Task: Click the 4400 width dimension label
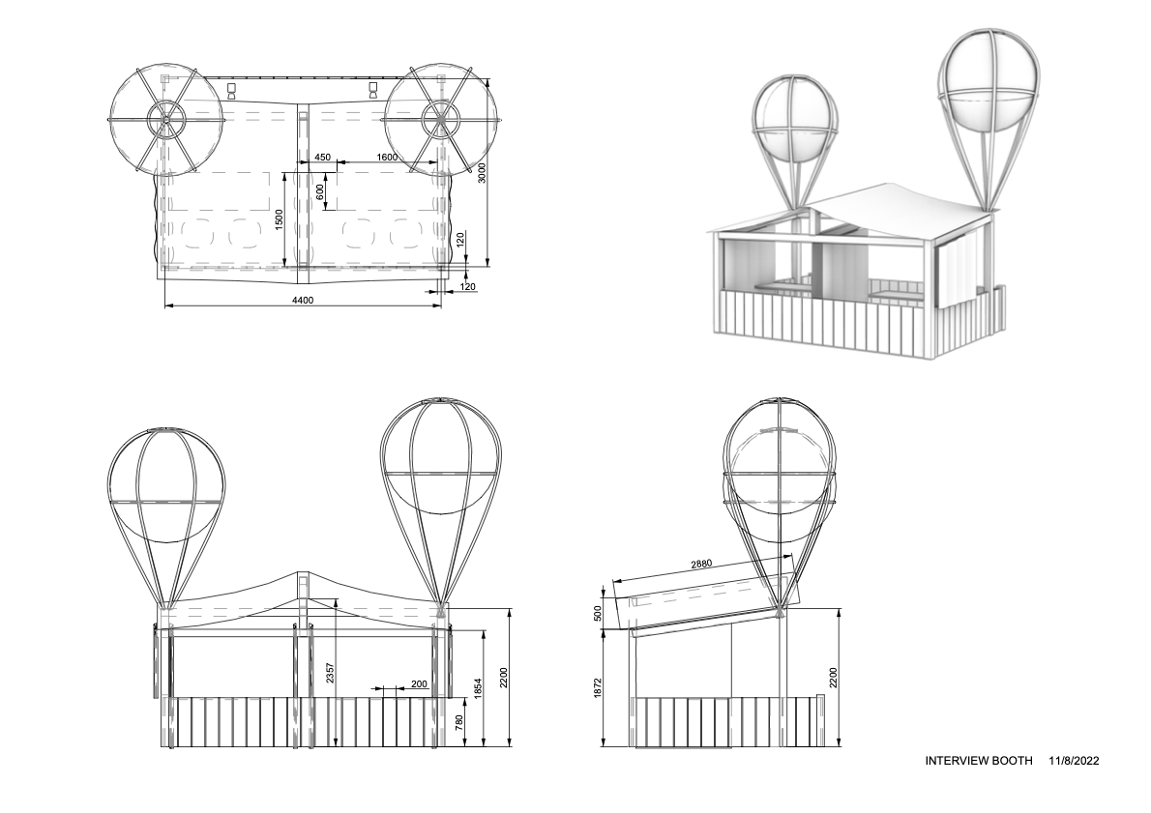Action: point(303,300)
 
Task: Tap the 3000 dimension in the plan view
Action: point(483,171)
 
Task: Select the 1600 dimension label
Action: point(387,157)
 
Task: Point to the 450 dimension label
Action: point(321,157)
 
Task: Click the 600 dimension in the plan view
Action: point(320,190)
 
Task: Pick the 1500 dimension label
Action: point(279,218)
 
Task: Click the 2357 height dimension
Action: point(330,674)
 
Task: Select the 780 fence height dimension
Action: point(459,721)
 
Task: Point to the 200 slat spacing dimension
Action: point(419,683)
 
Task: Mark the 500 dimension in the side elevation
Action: point(598,613)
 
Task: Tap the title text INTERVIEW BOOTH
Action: point(979,761)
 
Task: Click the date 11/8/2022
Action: point(1074,761)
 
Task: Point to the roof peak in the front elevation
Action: point(303,573)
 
